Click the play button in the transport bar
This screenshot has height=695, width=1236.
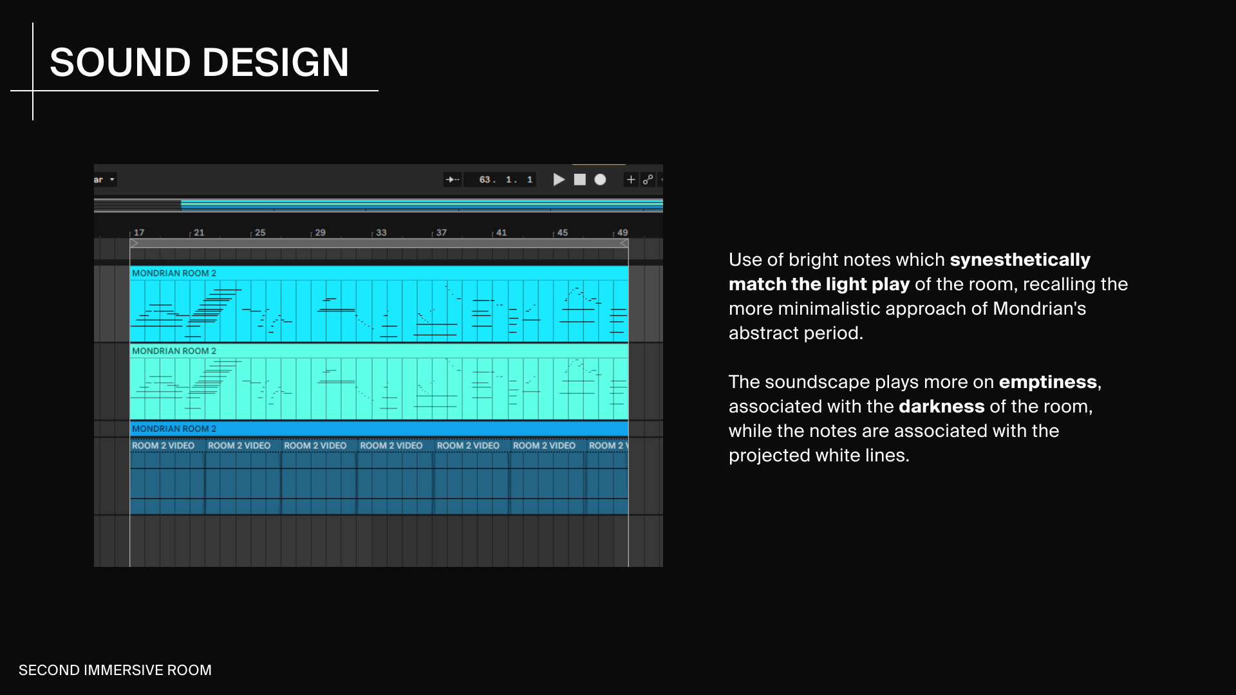[559, 180]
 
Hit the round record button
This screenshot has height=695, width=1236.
[600, 180]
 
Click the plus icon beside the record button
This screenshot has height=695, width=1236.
[631, 180]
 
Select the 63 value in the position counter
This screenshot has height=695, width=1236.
[485, 180]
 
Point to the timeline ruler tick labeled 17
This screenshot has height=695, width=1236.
[139, 232]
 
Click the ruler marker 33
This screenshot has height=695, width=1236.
[381, 232]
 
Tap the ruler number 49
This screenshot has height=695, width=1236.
[623, 232]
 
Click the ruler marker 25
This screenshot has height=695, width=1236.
[260, 232]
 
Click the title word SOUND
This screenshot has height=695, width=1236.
[120, 62]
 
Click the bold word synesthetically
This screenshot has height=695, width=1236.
[1020, 260]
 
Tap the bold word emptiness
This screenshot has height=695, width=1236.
[1048, 382]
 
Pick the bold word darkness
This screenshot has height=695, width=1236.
[942, 407]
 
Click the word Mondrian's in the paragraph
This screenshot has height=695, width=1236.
[1040, 309]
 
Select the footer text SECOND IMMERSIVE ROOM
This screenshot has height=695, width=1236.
[115, 670]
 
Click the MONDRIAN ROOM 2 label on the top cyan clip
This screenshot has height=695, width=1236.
[174, 273]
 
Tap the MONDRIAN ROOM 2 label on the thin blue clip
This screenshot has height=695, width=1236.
[174, 429]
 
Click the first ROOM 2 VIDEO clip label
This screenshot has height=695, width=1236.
[163, 445]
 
